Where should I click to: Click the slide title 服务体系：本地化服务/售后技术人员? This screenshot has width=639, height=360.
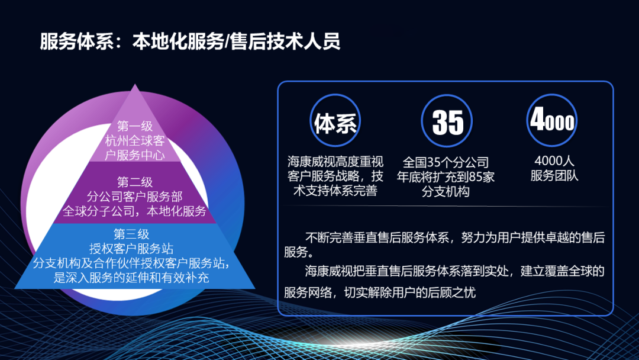coord(190,41)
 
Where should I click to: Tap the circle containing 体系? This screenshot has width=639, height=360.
coord(335,121)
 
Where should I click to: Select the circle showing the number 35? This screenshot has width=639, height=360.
coord(447,121)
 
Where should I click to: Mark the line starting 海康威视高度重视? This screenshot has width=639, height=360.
coord(335,161)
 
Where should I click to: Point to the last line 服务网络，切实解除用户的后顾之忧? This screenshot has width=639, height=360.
coord(379,292)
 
